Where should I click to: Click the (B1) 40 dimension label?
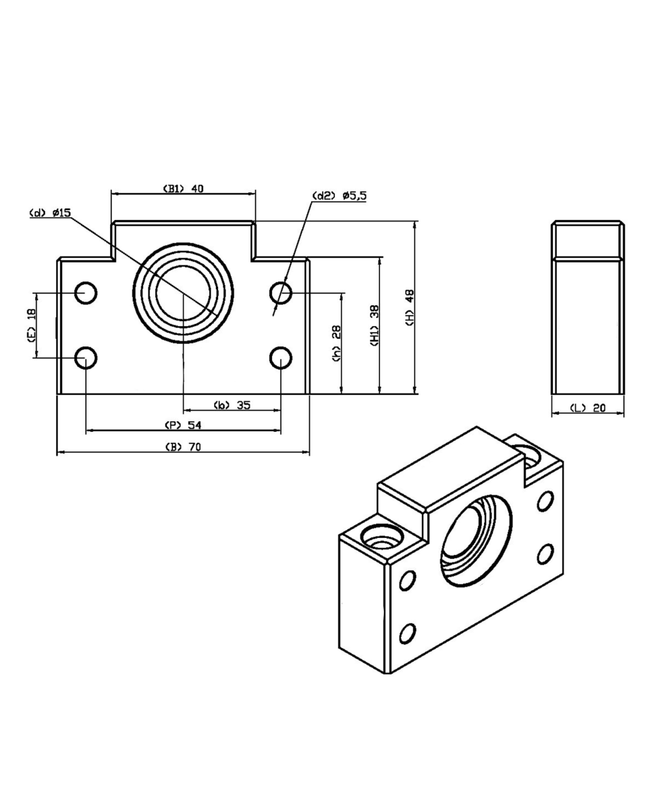pos(183,188)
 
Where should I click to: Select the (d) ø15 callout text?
pos(50,213)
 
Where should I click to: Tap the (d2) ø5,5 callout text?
pos(340,196)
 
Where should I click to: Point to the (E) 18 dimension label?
pos(32,325)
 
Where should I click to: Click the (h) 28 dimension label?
pos(336,344)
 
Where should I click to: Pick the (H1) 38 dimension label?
pos(375,326)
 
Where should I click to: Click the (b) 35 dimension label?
pos(232,405)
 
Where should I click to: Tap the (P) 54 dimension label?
pos(184,425)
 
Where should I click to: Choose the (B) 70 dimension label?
pos(184,447)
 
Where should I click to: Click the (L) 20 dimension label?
pos(587,408)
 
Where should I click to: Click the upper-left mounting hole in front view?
pos(86,292)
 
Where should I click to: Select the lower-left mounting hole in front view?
pos(86,358)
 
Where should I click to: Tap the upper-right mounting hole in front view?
pos(281,292)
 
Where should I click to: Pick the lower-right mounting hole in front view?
pos(281,358)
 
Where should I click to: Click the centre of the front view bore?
pos(184,293)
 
